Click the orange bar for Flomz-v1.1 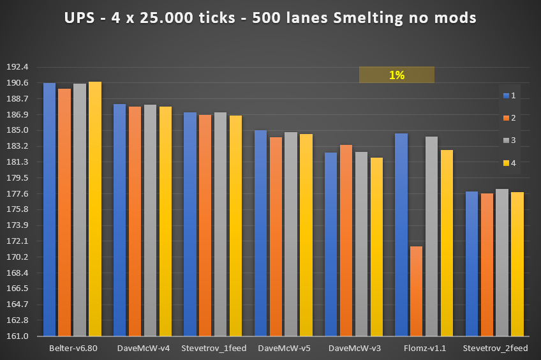(x=416, y=291)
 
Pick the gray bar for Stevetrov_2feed (x=502, y=262)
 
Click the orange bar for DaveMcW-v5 (x=276, y=236)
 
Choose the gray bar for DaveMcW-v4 (x=150, y=220)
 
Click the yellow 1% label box (x=396, y=75)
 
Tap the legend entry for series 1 (x=509, y=95)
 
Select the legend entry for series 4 (x=509, y=163)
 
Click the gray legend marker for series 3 (x=505, y=140)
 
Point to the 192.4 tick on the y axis (x=17, y=67)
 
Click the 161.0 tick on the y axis (x=17, y=336)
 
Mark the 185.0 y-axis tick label (x=17, y=130)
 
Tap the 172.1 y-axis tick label (x=17, y=241)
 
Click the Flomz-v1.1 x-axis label (x=424, y=349)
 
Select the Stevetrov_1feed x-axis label (x=214, y=349)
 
